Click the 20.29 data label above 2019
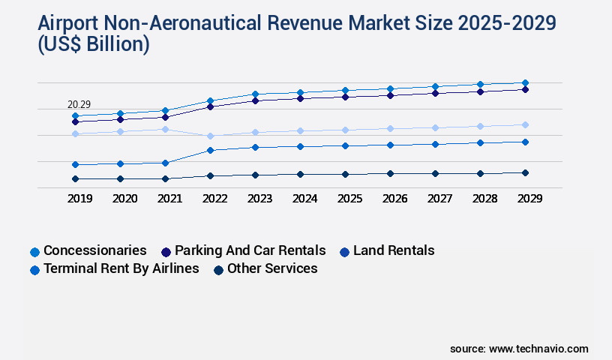(79, 104)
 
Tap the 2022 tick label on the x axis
(214, 199)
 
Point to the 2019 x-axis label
(79, 199)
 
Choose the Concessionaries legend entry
(94, 250)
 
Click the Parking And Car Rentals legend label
(250, 250)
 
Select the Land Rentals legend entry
(394, 250)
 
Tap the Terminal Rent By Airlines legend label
(121, 268)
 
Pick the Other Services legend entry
(272, 268)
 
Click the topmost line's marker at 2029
(525, 82)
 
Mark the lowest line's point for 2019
(75, 178)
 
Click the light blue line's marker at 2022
(210, 136)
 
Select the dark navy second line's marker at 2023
(255, 100)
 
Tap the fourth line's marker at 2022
(210, 150)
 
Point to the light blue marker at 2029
(525, 124)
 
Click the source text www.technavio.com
(538, 349)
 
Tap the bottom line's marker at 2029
(525, 172)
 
